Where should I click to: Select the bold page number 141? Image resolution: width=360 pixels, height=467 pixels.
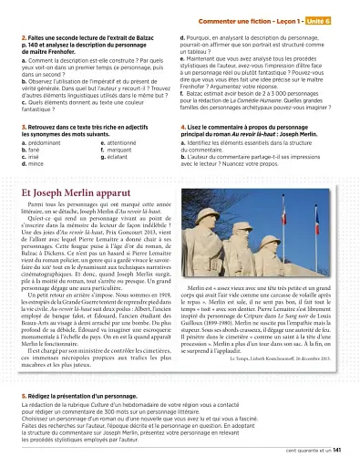tap(336, 450)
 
